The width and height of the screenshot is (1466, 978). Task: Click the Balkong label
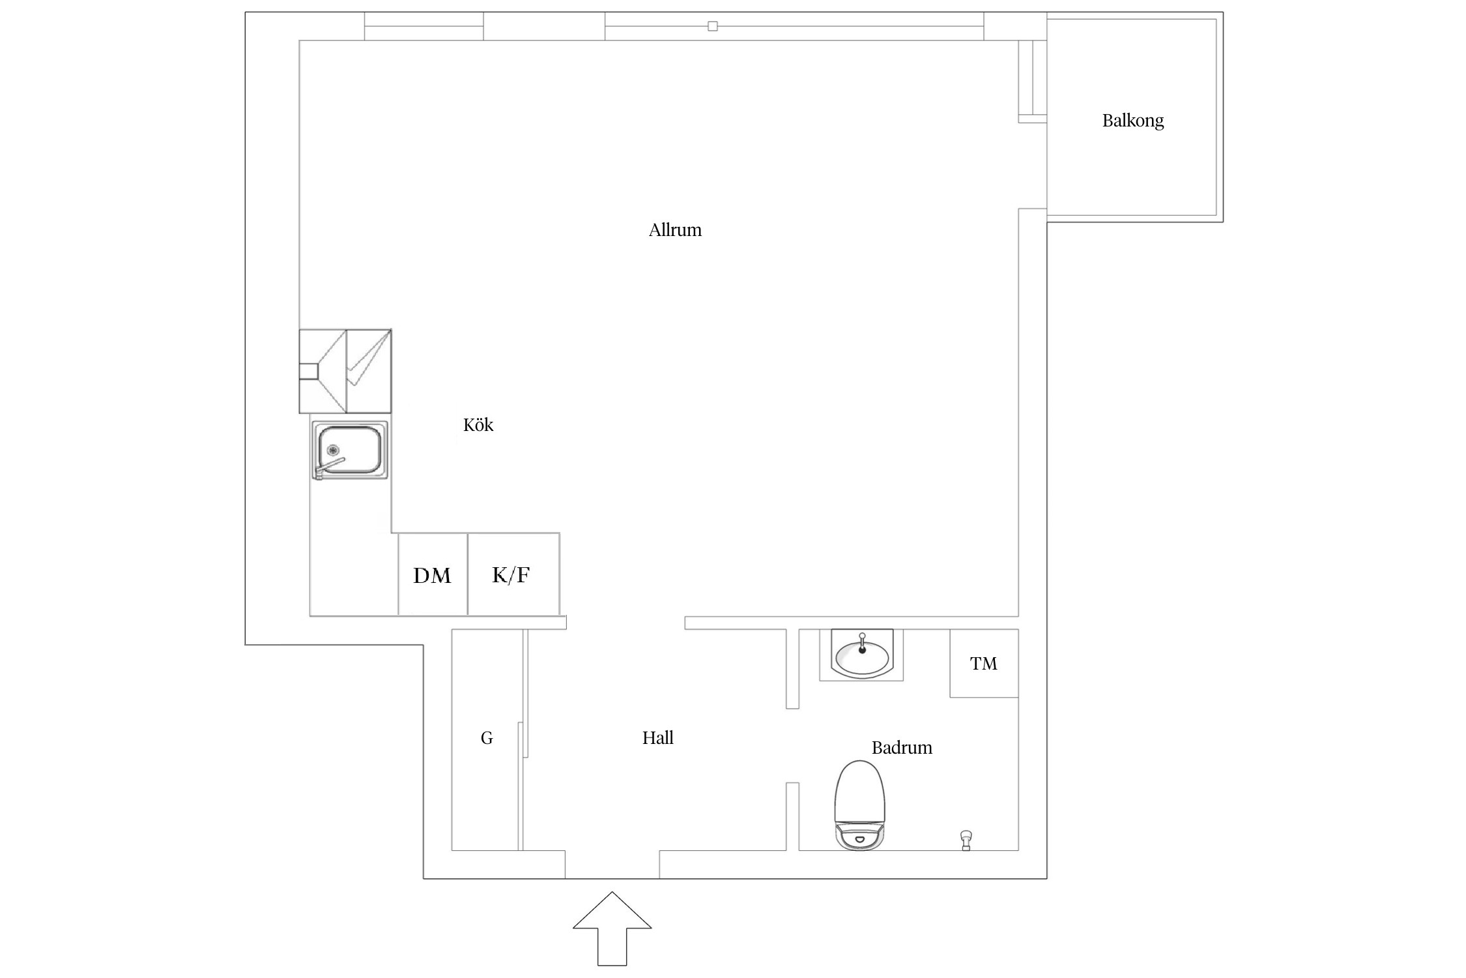pos(1132,121)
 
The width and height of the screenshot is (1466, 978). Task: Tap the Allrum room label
pos(675,230)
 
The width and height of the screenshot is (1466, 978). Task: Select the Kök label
pos(478,425)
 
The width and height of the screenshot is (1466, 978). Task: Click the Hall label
pos(657,737)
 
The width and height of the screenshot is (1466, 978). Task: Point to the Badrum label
pos(902,747)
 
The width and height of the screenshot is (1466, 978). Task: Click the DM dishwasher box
pos(433,574)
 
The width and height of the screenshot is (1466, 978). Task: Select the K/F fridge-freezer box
pos(513,574)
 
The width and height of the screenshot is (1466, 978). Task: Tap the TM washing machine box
pos(984,663)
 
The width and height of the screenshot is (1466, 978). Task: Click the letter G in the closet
pos(487,738)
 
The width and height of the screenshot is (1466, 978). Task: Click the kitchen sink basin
pos(349,449)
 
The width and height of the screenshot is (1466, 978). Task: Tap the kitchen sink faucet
pos(329,468)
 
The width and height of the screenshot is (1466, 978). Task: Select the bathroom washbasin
pos(862,655)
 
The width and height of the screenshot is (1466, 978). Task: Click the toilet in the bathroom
pos(860,805)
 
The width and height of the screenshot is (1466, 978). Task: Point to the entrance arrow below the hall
pos(612,928)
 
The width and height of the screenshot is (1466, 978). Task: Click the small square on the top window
pos(713,26)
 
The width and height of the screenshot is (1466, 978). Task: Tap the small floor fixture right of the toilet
pos(966,840)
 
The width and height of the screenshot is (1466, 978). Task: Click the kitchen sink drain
pos(333,449)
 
